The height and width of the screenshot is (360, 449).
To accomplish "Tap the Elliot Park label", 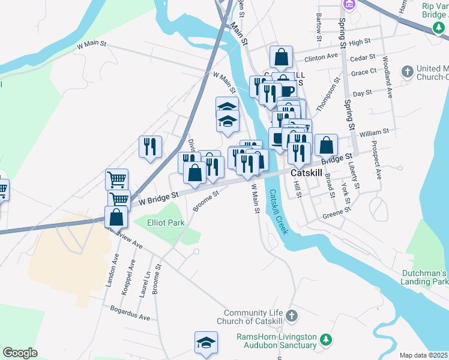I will point(166,223).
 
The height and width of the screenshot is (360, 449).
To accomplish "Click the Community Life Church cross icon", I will point(291,316).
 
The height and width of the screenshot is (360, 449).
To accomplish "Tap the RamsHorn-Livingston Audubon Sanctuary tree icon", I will point(325,340).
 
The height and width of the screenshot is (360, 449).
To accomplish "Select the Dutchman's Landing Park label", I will point(425,277).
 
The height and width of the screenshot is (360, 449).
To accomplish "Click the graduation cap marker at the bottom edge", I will point(206,343).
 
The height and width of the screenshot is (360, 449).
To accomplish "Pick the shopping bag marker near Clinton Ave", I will point(281,58).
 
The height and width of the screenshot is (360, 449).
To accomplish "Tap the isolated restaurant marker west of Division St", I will point(150,146).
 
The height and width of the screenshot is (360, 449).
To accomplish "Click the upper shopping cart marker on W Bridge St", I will point(116,178).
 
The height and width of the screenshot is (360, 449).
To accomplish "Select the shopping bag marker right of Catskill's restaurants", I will point(325,145).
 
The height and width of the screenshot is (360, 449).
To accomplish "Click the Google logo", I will point(20,353).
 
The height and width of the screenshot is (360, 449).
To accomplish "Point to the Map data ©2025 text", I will point(424,355).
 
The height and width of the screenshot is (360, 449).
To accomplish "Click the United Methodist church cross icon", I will point(408,72).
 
